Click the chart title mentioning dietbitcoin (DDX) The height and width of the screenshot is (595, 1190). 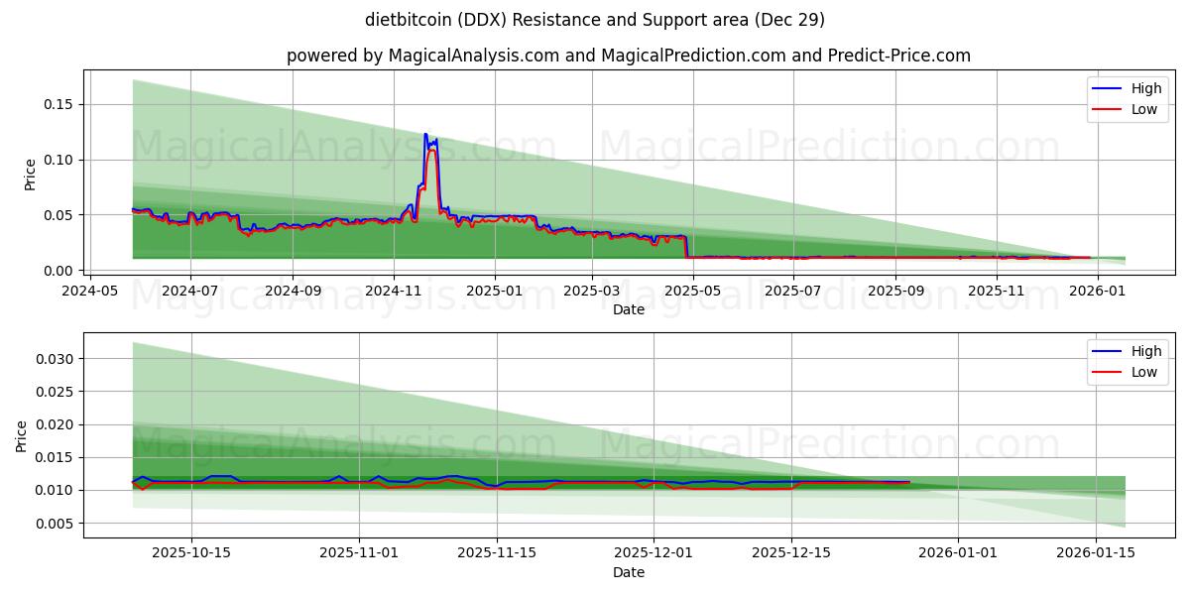coord(594,20)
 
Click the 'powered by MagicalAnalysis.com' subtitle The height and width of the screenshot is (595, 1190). coord(628,56)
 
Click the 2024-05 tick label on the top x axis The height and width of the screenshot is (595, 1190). coord(91,291)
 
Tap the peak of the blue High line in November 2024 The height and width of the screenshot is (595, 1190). coord(425,134)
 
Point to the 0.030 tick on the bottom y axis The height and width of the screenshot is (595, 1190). coord(56,359)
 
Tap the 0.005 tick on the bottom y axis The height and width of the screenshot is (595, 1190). coord(56,524)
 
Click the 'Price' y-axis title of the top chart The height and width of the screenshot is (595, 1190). coord(30,174)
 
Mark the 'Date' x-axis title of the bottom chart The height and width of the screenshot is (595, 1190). coord(628,572)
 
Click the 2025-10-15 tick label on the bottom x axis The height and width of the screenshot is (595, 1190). coord(191,553)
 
